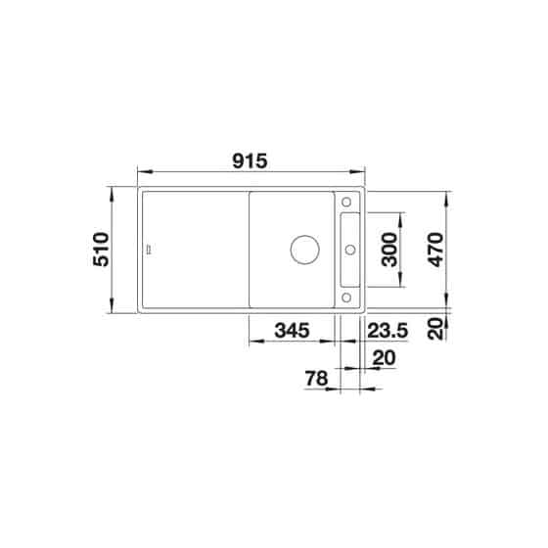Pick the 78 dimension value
click(x=315, y=377)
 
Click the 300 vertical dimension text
click(x=389, y=251)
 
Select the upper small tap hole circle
click(x=348, y=202)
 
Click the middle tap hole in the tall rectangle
click(x=348, y=250)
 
